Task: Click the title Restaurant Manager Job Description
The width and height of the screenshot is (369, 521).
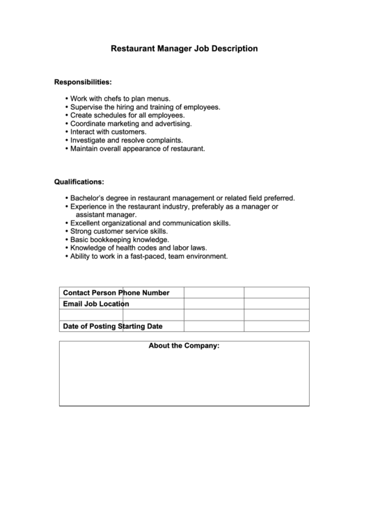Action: pyautogui.click(x=184, y=49)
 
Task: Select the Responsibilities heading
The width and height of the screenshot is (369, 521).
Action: pyautogui.click(x=83, y=82)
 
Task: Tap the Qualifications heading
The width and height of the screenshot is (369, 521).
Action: pyautogui.click(x=79, y=182)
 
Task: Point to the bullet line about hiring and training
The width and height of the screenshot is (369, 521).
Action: pyautogui.click(x=145, y=107)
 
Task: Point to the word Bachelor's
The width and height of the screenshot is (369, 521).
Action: pyautogui.click(x=88, y=198)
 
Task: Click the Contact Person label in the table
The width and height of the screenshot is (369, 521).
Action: pyautogui.click(x=91, y=293)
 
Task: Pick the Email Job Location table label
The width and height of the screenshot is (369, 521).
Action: pyautogui.click(x=95, y=304)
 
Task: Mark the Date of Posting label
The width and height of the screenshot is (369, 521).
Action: pyautogui.click(x=91, y=326)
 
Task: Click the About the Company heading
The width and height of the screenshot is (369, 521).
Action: pyautogui.click(x=184, y=346)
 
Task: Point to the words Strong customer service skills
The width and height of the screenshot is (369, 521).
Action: pyautogui.click(x=118, y=231)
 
